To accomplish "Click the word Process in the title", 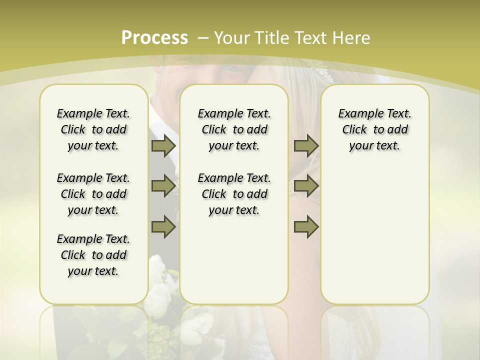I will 154,37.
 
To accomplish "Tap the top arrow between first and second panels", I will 163,145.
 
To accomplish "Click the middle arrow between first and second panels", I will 163,186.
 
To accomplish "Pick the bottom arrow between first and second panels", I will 163,226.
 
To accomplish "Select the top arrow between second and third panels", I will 306,145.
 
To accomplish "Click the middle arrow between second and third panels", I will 306,186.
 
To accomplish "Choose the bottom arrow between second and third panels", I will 306,226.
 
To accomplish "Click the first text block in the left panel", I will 93,129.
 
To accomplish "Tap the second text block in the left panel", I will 93,194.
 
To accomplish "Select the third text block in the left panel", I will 93,255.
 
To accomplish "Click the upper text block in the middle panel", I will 234,129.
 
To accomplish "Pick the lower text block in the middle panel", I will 234,194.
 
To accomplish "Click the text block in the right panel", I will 374,129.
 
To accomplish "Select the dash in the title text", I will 203,37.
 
